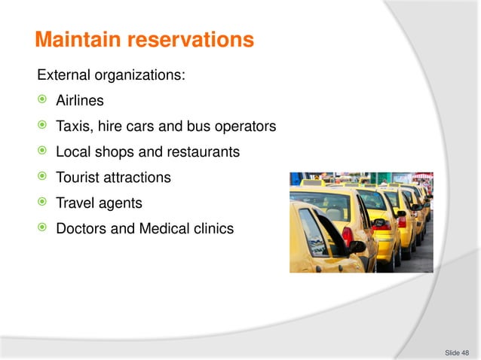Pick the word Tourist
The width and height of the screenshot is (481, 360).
(x=79, y=178)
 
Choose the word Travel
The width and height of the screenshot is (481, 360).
(x=76, y=203)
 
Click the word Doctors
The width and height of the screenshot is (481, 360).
(x=82, y=229)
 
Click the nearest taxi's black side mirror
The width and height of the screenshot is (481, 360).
(x=356, y=246)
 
